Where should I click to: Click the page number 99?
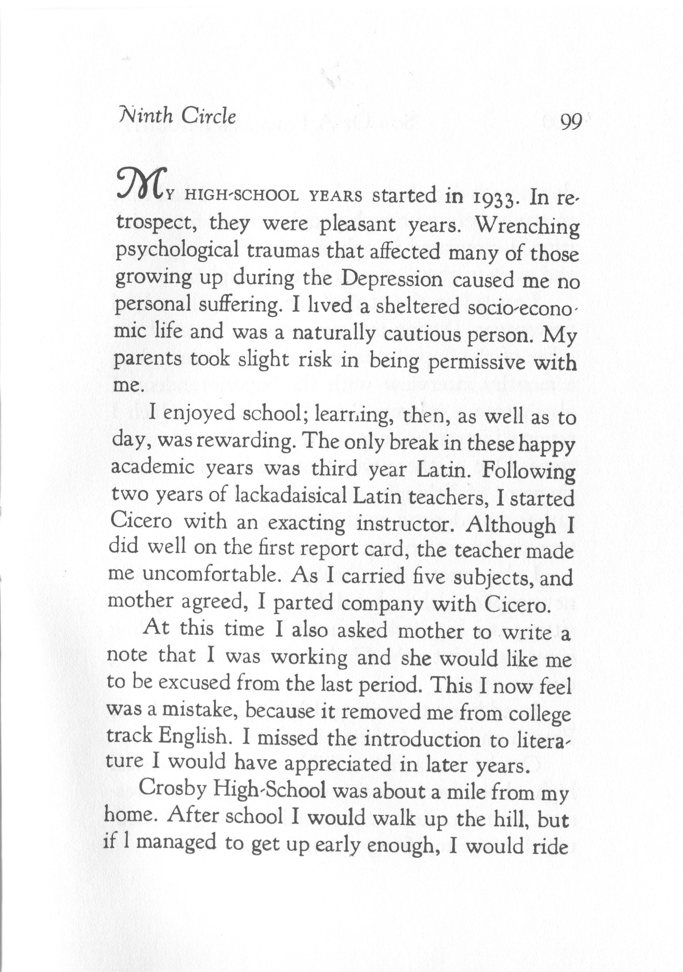(x=571, y=123)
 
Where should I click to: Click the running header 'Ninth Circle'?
(x=177, y=116)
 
